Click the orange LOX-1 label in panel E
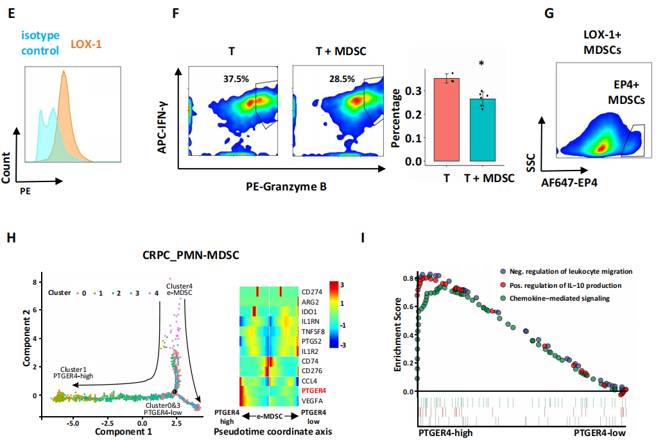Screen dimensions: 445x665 [x=85, y=45]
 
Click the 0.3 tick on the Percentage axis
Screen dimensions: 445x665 [x=417, y=90]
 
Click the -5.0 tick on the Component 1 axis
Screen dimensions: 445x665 [x=73, y=423]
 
